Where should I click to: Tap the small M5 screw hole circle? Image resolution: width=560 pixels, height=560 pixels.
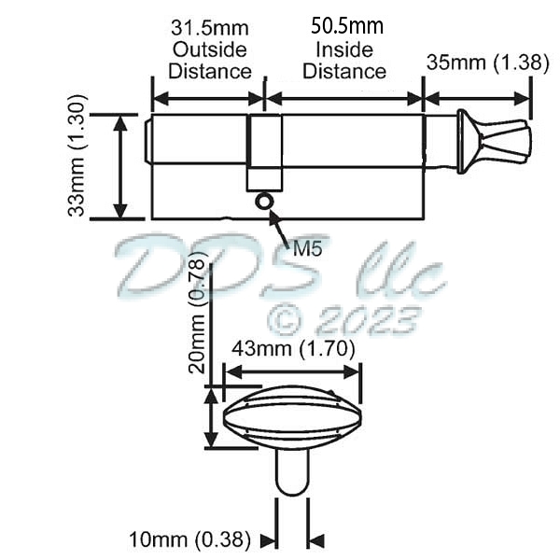[x=264, y=200]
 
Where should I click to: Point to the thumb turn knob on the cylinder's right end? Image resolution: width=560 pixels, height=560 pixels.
[x=494, y=141]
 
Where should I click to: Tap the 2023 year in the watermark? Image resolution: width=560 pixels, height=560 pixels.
[x=367, y=320]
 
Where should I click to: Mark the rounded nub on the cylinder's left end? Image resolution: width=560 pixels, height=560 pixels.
[x=148, y=141]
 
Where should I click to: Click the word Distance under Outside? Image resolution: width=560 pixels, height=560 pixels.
[x=209, y=71]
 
